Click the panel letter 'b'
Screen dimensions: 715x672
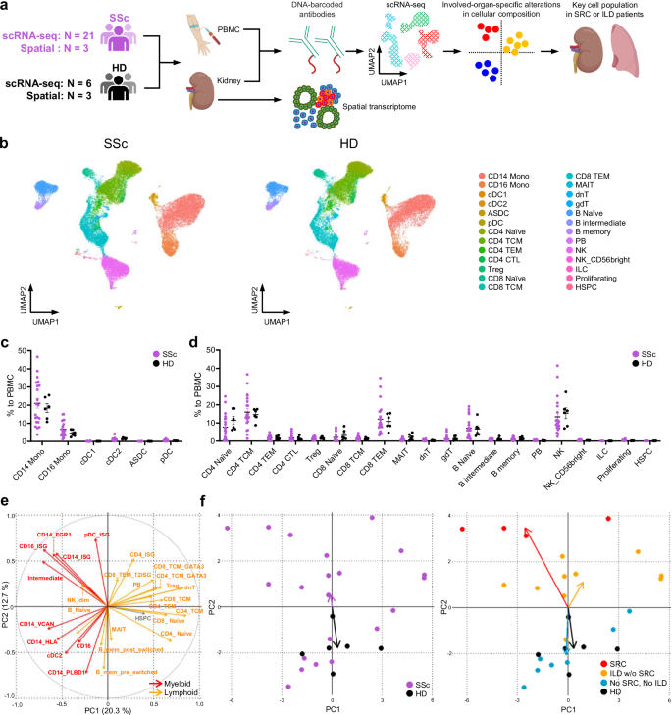7,144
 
